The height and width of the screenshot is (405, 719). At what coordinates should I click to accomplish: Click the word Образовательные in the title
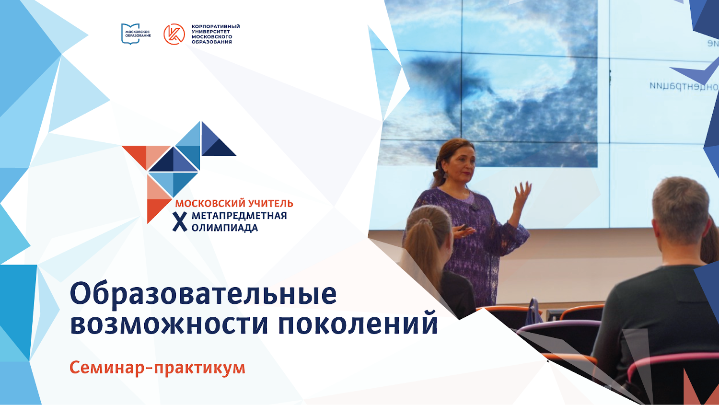pos(203,294)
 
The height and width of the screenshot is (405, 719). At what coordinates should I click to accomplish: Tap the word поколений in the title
pos(358,324)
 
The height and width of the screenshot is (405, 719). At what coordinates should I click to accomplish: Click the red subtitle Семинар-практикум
pos(157,368)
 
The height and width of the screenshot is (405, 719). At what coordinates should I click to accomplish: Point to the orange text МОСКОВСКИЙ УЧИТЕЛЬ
pos(234,203)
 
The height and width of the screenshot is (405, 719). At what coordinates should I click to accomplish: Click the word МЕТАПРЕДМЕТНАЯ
pos(239,216)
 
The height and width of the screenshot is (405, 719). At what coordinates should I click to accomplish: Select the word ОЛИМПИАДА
pos(224,228)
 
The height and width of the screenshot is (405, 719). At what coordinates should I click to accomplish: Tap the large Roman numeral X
pos(180,221)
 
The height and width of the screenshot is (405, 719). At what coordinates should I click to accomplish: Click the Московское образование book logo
pos(130,34)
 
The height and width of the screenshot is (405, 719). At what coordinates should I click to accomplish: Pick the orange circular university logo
pos(174,34)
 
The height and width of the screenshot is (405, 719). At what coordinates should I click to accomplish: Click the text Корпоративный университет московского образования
pos(215,34)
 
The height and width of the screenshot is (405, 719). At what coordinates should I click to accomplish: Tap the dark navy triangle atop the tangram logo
pos(219,148)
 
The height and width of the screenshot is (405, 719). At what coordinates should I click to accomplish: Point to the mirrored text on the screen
pos(683,86)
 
